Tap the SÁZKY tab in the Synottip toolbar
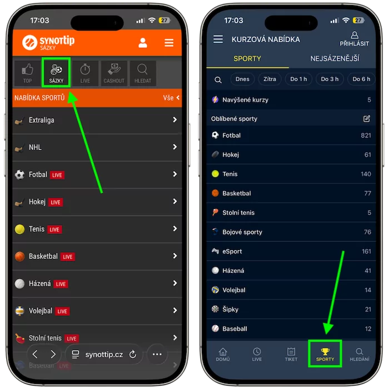(56, 73)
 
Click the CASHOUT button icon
(114, 69)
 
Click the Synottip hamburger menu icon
(169, 43)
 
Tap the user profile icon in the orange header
(143, 43)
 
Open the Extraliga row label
(42, 121)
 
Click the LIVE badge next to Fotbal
(57, 175)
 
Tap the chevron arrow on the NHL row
(175, 147)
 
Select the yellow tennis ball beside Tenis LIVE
(19, 229)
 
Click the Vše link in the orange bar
(168, 98)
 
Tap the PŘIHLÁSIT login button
(355, 39)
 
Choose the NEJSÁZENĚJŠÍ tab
(335, 58)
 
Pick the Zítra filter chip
(270, 79)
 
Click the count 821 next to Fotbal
(366, 136)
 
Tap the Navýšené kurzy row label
(246, 99)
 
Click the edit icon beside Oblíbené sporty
(367, 118)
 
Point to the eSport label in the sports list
(232, 251)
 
